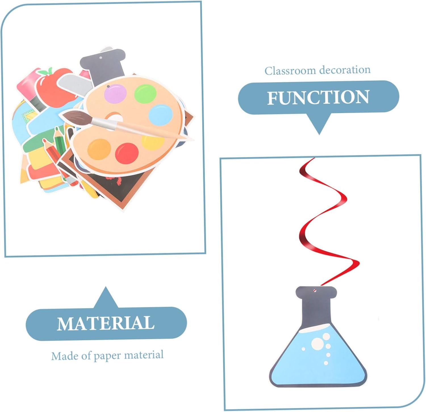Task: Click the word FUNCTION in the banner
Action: point(318,97)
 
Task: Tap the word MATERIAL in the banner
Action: point(106,323)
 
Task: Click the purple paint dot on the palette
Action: point(115,93)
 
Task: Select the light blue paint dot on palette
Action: point(161,114)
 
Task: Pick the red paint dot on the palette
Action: point(127,153)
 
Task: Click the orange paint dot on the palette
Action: point(99,149)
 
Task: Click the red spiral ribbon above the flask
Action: point(324,216)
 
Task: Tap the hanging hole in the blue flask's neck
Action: point(314,290)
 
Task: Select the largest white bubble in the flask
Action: point(318,344)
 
